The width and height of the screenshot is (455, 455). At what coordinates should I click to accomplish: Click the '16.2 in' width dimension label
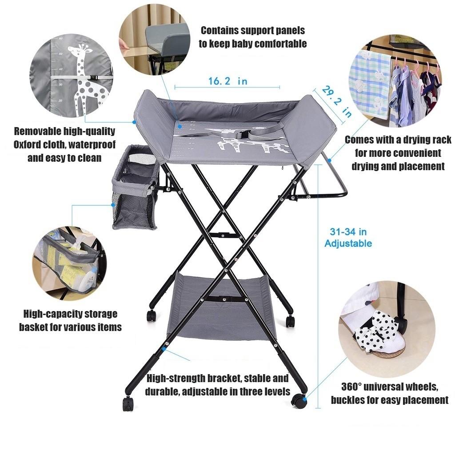coord(227,81)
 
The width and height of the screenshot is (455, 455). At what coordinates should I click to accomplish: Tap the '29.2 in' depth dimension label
coord(336,102)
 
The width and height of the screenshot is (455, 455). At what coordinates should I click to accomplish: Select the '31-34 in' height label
coord(348,231)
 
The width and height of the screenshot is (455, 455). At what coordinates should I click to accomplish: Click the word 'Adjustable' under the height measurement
coord(348,243)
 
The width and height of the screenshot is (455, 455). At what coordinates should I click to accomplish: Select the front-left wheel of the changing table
coord(128,403)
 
